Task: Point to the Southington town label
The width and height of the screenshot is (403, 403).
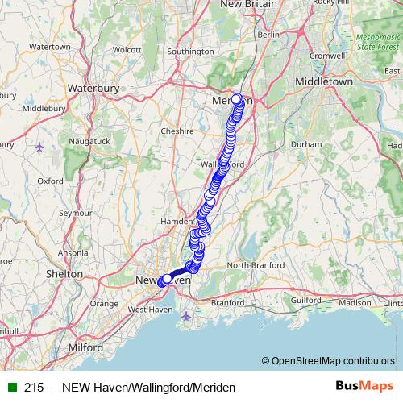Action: [190, 52]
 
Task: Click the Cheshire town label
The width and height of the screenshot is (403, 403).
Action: [177, 131]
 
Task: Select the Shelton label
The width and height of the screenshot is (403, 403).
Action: [64, 274]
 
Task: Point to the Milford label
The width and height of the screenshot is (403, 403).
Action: [85, 347]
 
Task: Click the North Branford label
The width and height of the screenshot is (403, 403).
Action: [255, 265]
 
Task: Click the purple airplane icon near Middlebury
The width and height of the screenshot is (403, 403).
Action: [40, 146]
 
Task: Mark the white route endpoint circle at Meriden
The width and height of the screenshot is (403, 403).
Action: [236, 99]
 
